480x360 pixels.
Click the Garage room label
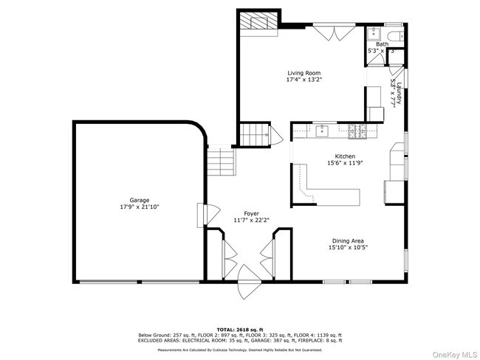(140, 200)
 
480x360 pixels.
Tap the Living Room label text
(305, 73)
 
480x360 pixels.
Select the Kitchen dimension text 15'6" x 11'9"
(346, 164)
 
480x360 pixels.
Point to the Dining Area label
(348, 240)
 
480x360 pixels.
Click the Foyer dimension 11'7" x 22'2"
(252, 220)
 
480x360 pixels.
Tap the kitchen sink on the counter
(322, 131)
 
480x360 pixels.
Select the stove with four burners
(357, 131)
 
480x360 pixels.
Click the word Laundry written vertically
(397, 94)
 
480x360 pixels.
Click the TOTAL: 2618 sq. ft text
(239, 328)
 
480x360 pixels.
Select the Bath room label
(381, 44)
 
